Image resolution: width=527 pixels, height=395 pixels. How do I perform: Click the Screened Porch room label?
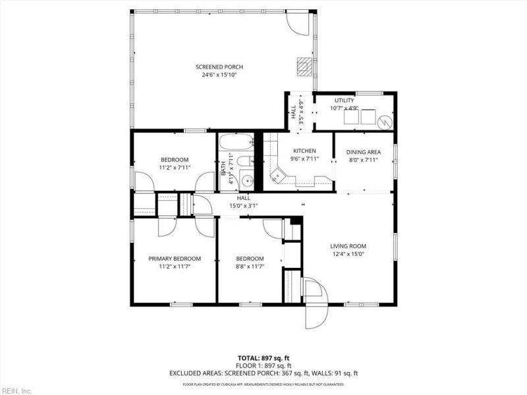tap(219, 66)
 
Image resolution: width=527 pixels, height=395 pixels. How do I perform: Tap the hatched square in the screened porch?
tap(303, 65)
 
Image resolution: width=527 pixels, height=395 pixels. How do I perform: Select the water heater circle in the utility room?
tap(383, 119)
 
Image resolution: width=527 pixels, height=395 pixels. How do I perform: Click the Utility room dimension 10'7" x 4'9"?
tap(344, 108)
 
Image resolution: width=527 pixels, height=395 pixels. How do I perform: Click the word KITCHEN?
tap(304, 151)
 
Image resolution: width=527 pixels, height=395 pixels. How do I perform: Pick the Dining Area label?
tap(364, 152)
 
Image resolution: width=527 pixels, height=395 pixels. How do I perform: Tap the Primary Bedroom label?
tap(175, 259)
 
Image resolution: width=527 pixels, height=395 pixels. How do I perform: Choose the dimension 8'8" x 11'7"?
tap(250, 267)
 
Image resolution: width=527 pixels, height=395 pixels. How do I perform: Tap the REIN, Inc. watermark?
tap(16, 390)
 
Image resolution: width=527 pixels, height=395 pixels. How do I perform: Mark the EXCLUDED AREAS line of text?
tap(263, 373)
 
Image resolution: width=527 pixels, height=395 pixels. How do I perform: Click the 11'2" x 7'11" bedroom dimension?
tap(175, 168)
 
